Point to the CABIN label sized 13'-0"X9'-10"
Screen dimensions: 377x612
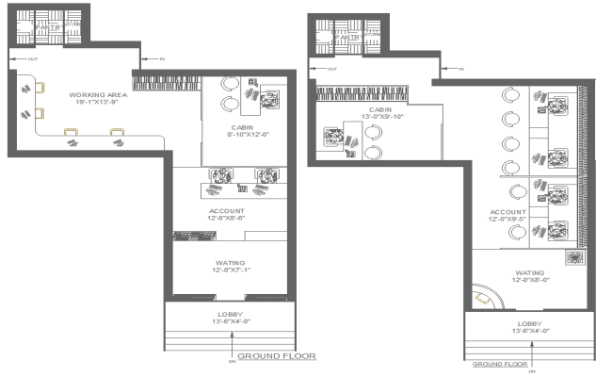pos(379,110)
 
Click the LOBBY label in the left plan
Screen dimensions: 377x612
pos(230,314)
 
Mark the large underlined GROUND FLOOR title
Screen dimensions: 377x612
pos(276,357)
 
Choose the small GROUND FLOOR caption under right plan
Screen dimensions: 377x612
pos(498,363)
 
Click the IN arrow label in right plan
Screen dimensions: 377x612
pos(459,69)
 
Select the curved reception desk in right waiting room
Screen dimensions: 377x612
pos(487,298)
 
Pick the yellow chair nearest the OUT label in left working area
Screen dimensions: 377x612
pos(40,89)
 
